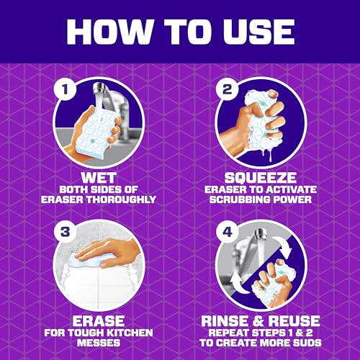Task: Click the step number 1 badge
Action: (x=65, y=89)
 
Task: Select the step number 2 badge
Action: (x=227, y=89)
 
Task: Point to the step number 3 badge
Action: (x=65, y=233)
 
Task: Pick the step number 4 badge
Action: (x=227, y=233)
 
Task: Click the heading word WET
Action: (x=99, y=178)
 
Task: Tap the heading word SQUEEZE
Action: (x=261, y=178)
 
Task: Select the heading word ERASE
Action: (x=99, y=321)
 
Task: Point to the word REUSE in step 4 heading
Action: (x=294, y=321)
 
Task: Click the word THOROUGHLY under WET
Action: (x=125, y=199)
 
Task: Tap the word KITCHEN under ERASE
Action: (x=130, y=333)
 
